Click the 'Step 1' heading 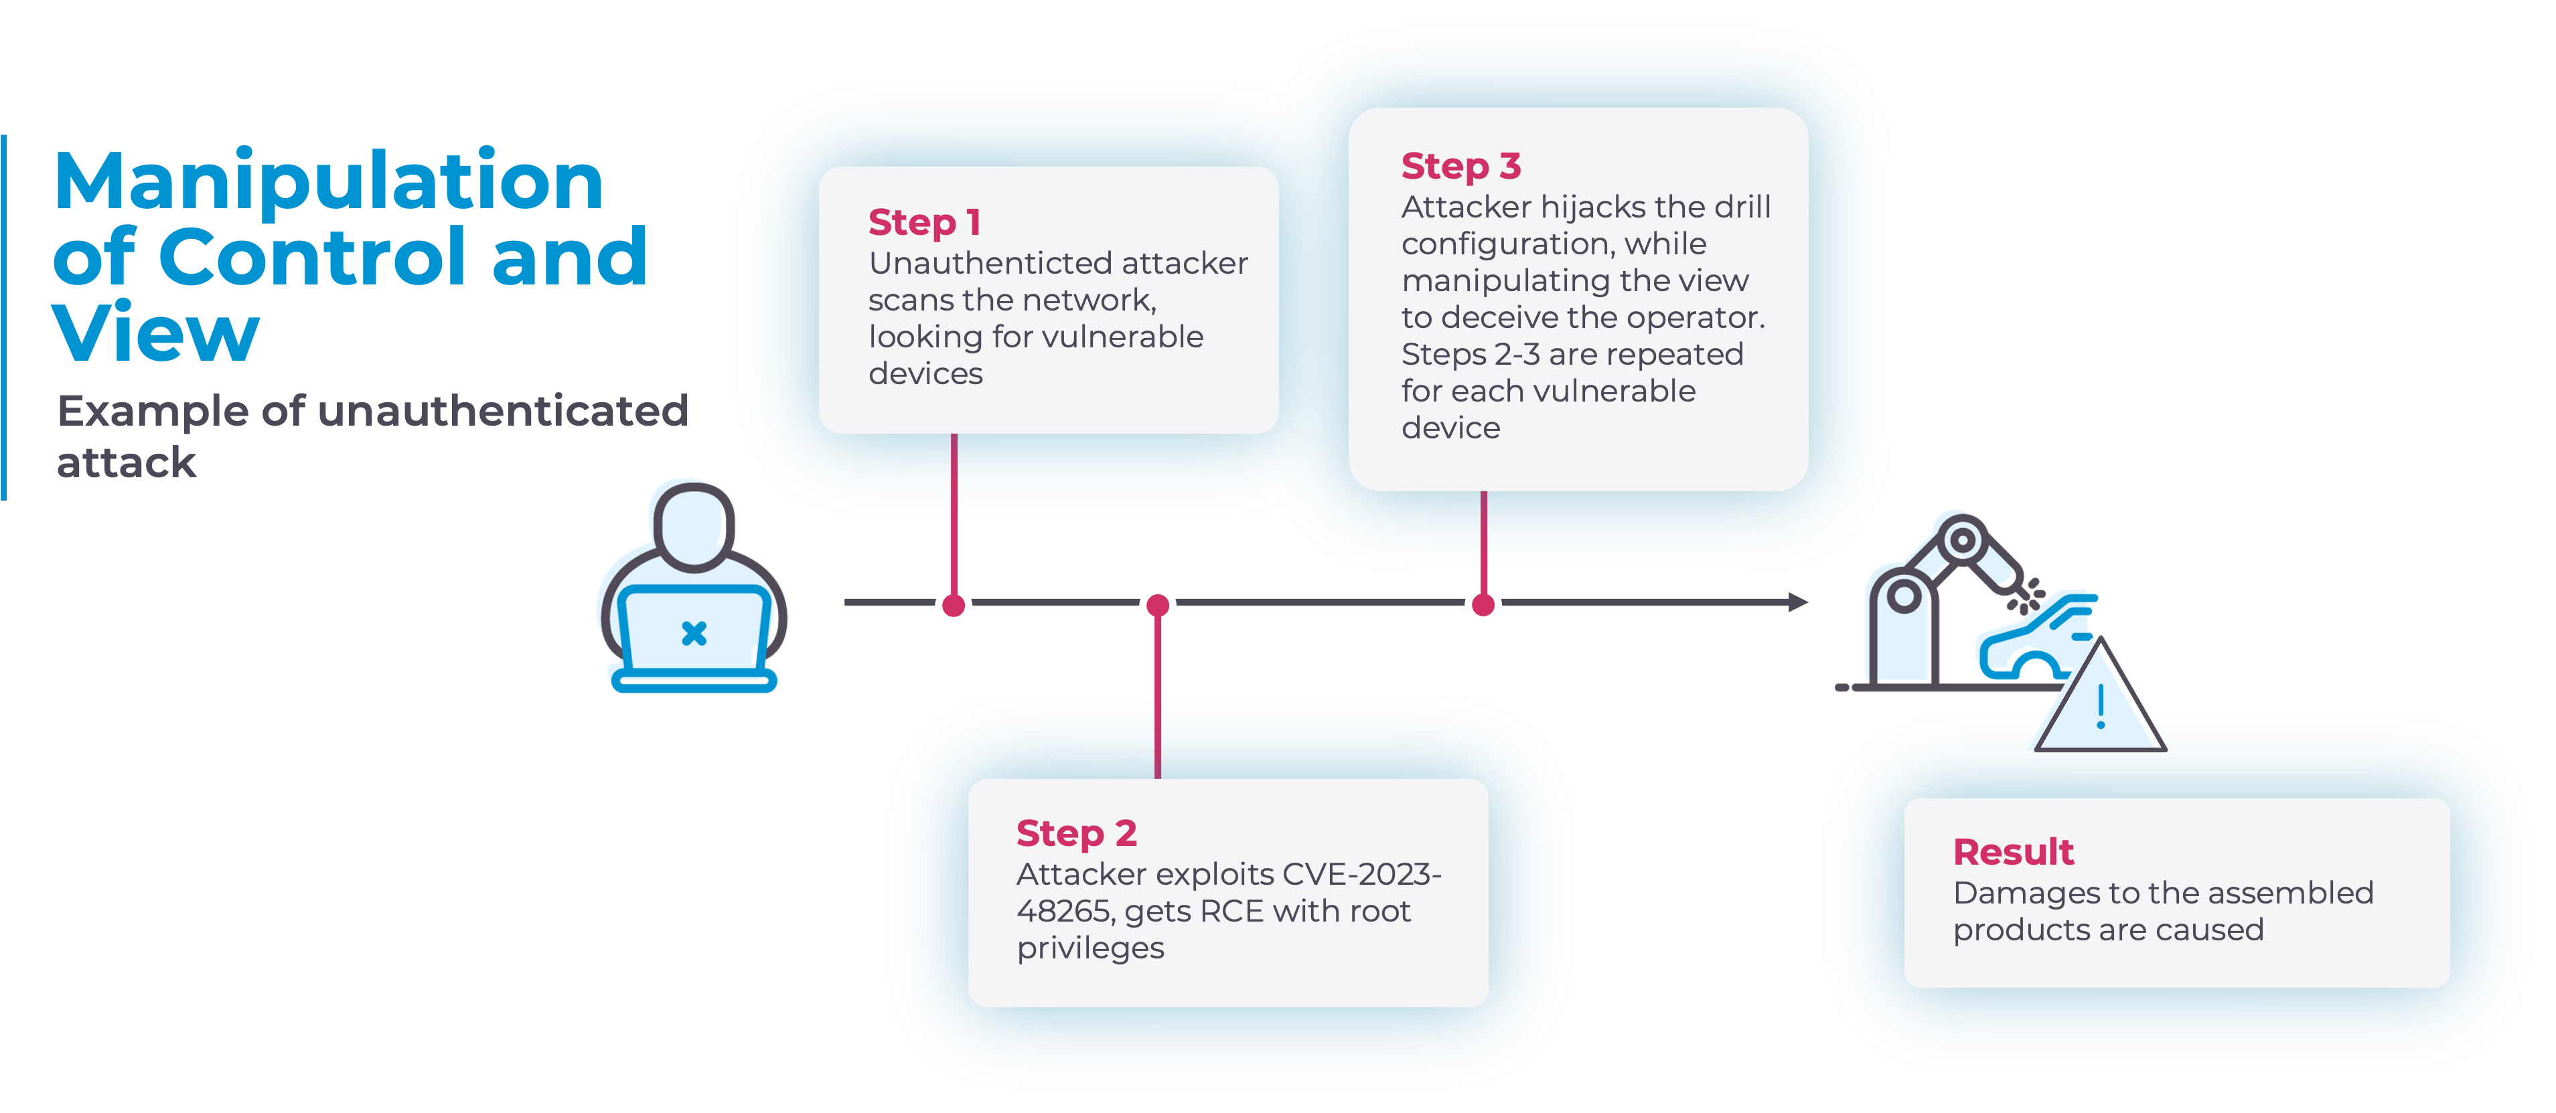click(924, 222)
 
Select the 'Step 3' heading click(1460, 167)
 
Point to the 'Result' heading click(2013, 852)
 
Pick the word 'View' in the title click(156, 334)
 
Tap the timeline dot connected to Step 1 click(954, 604)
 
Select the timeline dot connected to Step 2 click(1157, 604)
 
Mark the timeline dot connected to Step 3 click(1483, 604)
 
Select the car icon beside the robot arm click(2034, 640)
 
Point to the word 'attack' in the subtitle click(126, 462)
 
